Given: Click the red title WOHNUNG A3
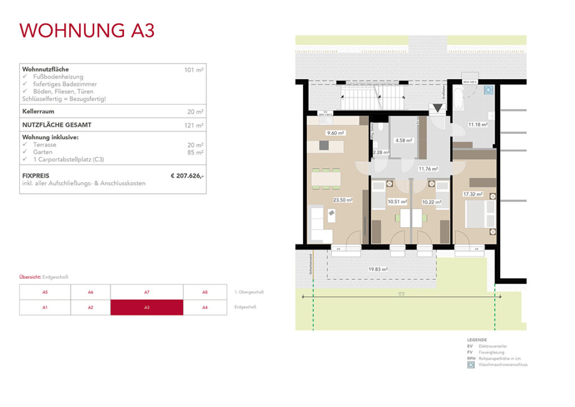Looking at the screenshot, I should click(87, 30).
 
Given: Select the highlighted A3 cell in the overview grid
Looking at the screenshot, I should click(147, 307).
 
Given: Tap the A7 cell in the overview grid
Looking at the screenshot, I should click(147, 292).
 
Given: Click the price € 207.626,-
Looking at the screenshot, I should click(187, 176).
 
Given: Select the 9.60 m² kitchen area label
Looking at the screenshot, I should click(336, 133).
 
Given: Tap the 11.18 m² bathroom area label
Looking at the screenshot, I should click(477, 124).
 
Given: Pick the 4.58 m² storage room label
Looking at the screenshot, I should click(404, 141).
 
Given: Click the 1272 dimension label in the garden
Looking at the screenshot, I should click(399, 294).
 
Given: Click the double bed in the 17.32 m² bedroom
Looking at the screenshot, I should click(482, 212).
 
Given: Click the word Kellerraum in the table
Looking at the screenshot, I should click(38, 111).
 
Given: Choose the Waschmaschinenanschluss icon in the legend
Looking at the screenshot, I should click(471, 365).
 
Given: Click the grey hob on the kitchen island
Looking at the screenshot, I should click(325, 146).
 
